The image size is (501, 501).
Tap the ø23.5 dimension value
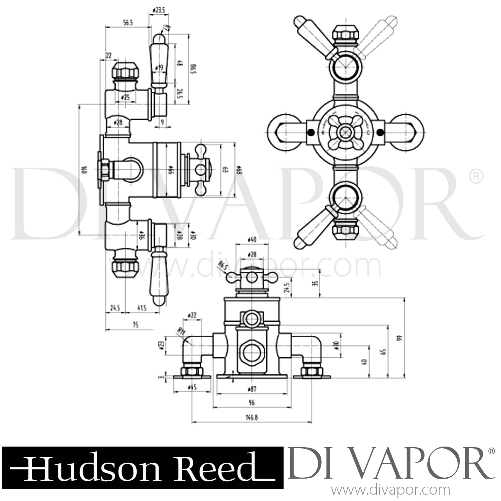click(159, 10)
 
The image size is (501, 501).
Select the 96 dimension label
click(252, 403)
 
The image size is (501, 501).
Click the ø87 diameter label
click(252, 389)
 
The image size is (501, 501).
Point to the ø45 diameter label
click(192, 387)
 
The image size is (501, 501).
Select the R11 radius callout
click(181, 332)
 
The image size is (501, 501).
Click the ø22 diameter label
click(192, 315)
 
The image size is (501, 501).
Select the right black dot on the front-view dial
click(379, 133)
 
